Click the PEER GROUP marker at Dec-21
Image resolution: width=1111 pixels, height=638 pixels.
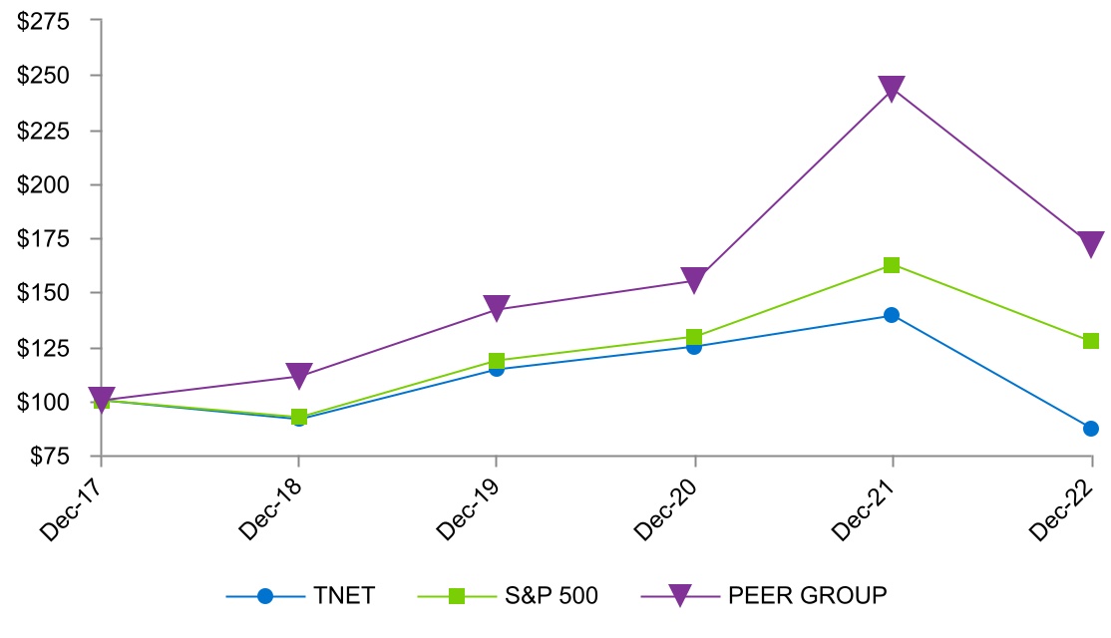[x=892, y=89]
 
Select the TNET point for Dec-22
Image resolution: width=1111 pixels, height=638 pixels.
[x=1090, y=429]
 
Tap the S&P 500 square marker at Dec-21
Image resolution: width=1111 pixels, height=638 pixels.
[x=892, y=265]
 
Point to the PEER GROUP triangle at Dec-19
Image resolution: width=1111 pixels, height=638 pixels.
[x=497, y=308]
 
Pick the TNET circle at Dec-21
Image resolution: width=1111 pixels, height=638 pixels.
[x=892, y=315]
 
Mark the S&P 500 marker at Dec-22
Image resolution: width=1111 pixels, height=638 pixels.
[x=1090, y=341]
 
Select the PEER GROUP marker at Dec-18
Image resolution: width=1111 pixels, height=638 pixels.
[x=298, y=376]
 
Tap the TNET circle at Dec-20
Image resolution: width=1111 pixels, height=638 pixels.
[x=694, y=346]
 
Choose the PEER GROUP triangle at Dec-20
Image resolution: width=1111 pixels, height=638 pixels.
[x=694, y=279]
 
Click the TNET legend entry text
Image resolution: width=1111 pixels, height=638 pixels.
[x=343, y=596]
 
